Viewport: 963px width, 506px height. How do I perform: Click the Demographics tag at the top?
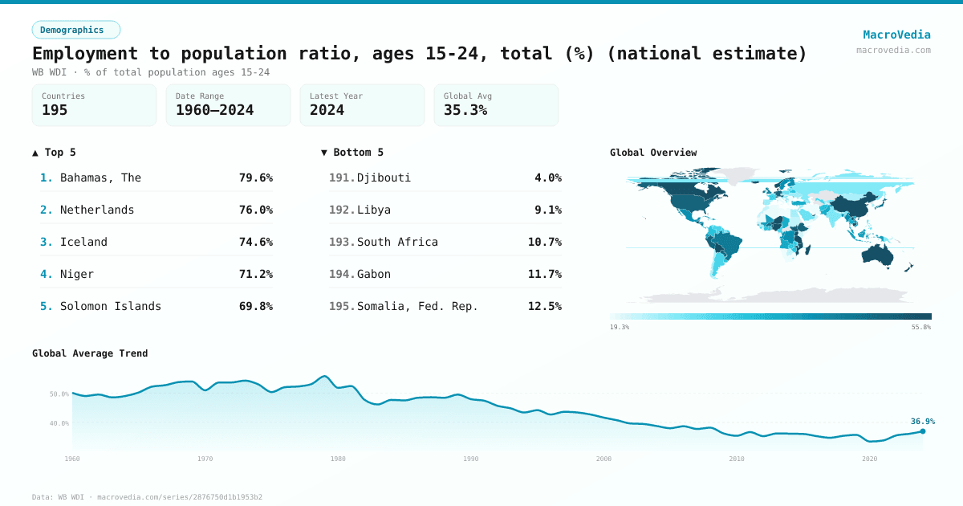tap(75, 30)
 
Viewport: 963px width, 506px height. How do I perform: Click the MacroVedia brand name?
tap(896, 35)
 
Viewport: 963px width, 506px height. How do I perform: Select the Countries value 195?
tap(55, 110)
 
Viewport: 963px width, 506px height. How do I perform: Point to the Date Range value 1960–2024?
tap(214, 110)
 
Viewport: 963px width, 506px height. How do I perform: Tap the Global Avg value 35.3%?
tap(465, 110)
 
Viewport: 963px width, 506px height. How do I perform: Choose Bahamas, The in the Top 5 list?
tap(100, 178)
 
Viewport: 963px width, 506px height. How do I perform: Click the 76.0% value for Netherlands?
tap(255, 210)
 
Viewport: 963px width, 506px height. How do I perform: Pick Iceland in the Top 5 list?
tap(83, 242)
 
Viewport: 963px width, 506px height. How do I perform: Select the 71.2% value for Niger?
tap(255, 274)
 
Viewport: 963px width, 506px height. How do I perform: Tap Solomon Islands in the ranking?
tap(111, 306)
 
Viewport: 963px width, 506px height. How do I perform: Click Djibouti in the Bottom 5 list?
tap(384, 178)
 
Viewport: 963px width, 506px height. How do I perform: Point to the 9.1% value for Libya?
tap(547, 210)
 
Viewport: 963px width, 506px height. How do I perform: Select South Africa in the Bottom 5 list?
tap(397, 242)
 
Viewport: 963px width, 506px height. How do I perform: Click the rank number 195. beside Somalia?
tap(342, 306)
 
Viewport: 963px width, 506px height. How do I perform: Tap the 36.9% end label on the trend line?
tap(922, 421)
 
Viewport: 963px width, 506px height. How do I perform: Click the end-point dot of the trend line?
tap(922, 431)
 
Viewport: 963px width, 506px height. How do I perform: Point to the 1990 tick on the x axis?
tap(471, 459)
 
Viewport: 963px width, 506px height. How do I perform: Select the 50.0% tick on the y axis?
tap(59, 394)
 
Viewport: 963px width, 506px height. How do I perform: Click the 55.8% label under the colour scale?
tap(920, 327)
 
